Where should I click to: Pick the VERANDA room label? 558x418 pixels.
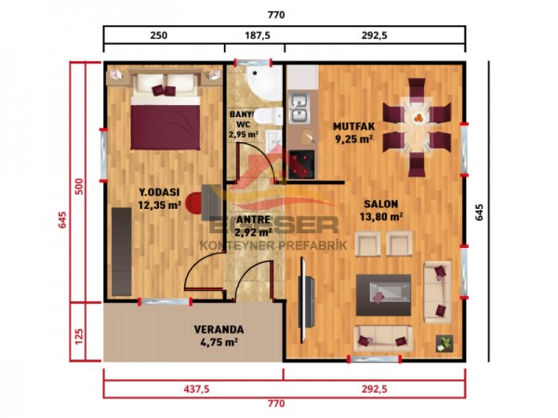tap(219, 329)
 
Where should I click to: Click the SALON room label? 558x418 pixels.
tap(382, 203)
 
